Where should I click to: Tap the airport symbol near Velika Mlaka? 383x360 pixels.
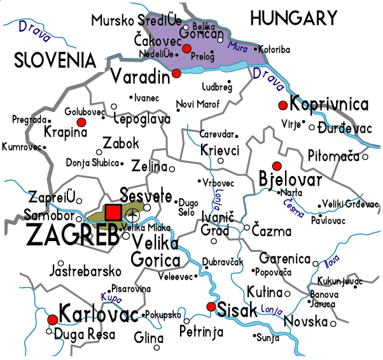[x=133, y=214]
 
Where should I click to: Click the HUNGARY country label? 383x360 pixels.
[x=293, y=18]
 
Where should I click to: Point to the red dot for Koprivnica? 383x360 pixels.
[x=282, y=105]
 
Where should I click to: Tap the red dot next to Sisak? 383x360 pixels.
[x=211, y=307]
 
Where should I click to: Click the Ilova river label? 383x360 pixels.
[x=333, y=261]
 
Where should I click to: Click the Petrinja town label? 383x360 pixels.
[x=200, y=331]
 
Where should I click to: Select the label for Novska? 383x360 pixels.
[x=305, y=322]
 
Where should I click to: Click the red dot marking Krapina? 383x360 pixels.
[x=81, y=121]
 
